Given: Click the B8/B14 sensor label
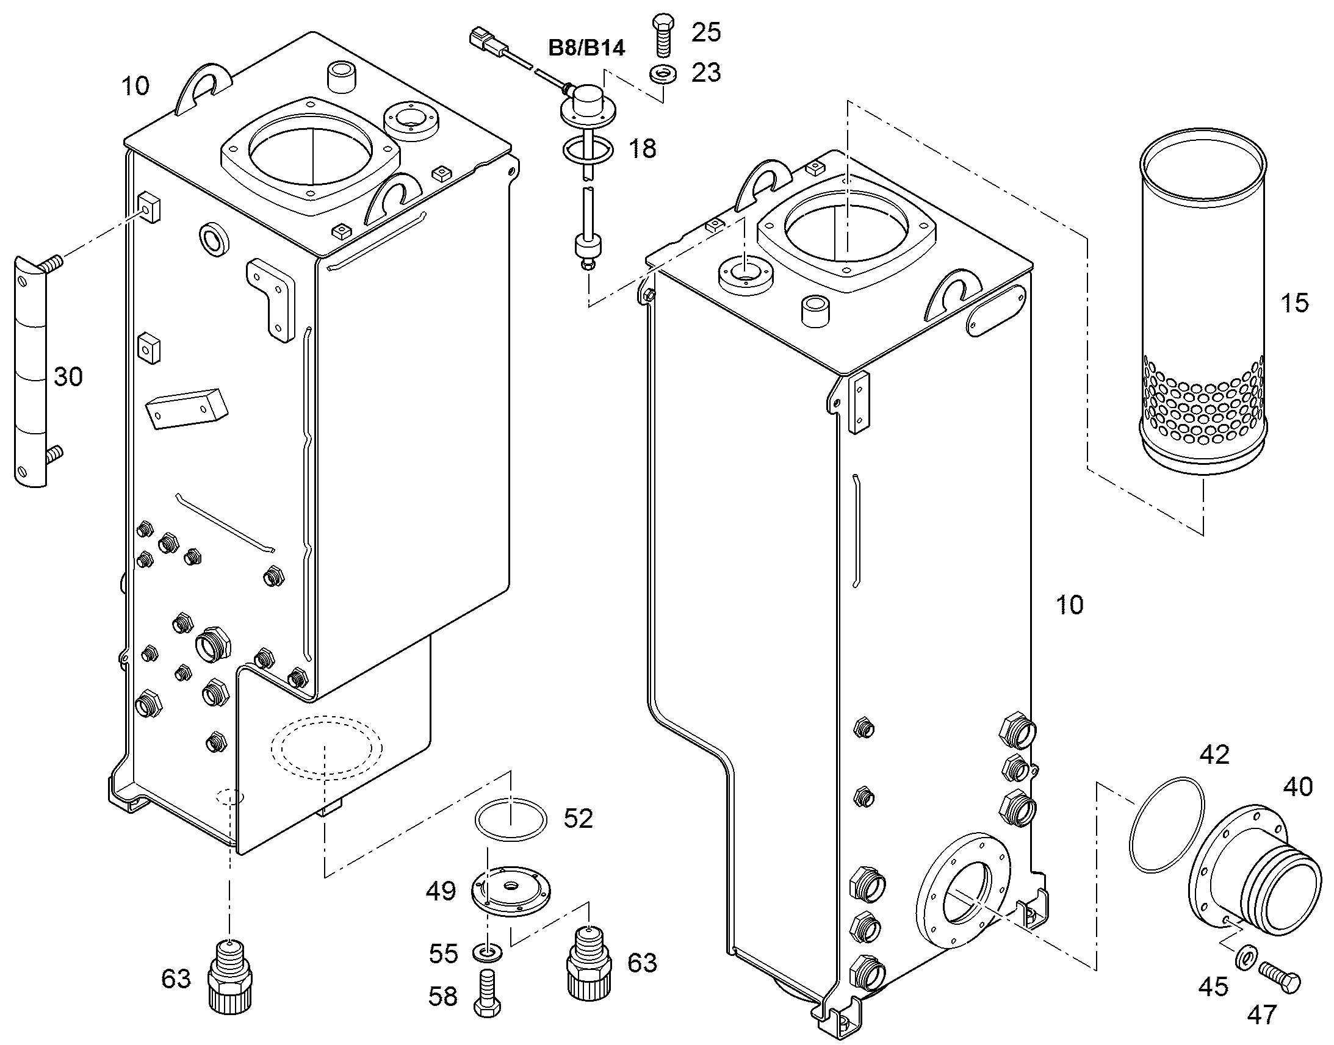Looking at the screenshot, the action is point(586,48).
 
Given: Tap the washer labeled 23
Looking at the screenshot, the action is point(662,74).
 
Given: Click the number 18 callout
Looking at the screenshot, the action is point(642,148).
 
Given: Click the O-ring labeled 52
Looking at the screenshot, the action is point(511,819).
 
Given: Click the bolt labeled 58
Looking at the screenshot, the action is point(488,994).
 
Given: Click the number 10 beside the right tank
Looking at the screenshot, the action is point(1069,605).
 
